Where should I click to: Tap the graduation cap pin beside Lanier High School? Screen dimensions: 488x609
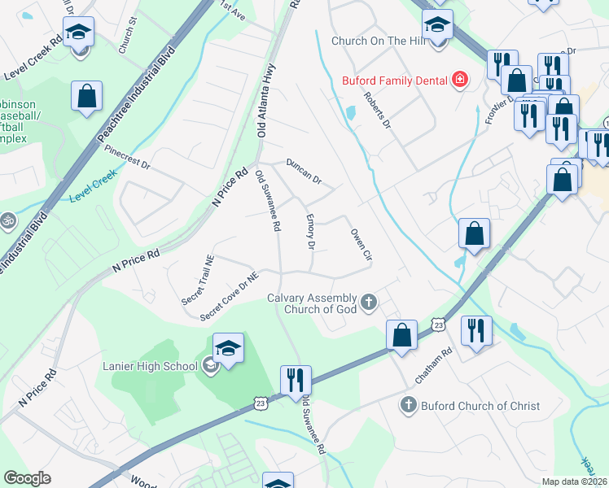pos(229,349)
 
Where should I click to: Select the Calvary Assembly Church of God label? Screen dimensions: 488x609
pos(313,303)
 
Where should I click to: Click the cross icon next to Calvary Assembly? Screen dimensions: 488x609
pos(369,303)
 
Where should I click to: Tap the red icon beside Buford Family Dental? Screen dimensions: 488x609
pos(460,80)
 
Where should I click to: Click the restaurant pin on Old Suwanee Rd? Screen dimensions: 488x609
pos(295,380)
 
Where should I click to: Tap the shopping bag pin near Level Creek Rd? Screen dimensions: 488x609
pos(86,96)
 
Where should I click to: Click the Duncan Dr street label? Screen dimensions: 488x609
pos(304,171)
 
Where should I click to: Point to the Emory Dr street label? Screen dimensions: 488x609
pos(310,232)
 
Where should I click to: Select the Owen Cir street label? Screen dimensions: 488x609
pos(361,243)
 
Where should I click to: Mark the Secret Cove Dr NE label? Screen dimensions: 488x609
pos(230,295)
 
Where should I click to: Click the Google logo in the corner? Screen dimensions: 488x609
pos(28,478)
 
